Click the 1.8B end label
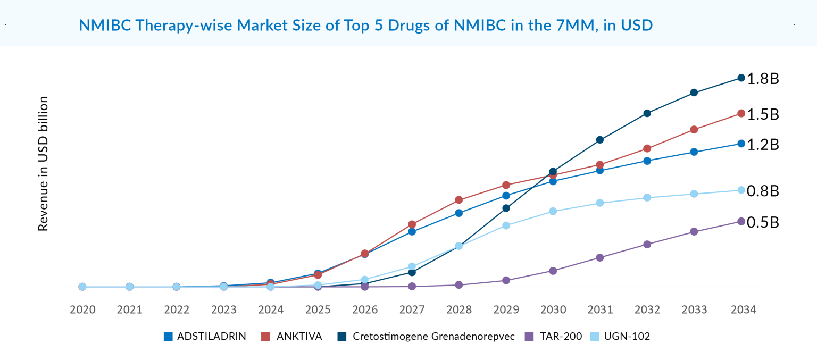[x=763, y=79]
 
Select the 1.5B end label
[x=763, y=114]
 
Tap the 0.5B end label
[x=763, y=222]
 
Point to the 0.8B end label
[x=763, y=191]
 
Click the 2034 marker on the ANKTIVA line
[x=741, y=113]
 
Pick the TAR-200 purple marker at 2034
[x=741, y=221]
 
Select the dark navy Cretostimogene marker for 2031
[x=599, y=140]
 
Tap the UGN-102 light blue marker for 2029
[x=506, y=225]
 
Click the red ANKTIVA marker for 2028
[x=458, y=200]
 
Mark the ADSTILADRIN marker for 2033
[x=694, y=152]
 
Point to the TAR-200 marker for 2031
[x=599, y=257]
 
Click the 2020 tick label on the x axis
[x=82, y=309]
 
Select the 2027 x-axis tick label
[x=412, y=309]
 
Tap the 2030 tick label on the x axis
[x=553, y=309]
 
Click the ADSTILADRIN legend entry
[x=205, y=337]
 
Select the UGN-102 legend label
[x=627, y=337]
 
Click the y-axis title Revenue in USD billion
[x=43, y=164]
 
